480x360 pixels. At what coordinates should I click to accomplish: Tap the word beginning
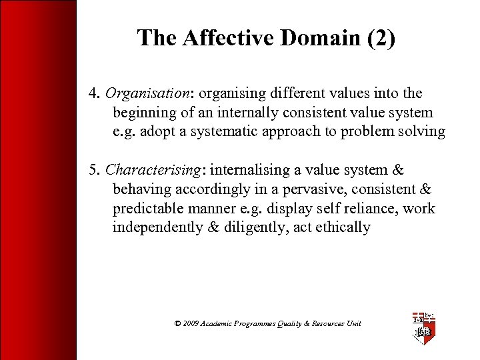click(x=145, y=113)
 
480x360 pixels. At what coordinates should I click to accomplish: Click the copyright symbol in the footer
click(x=177, y=323)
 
